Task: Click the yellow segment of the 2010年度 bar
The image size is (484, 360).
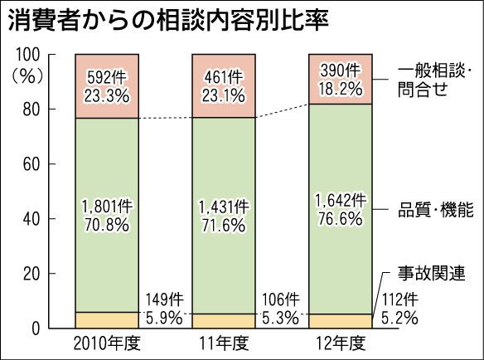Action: pos(107,320)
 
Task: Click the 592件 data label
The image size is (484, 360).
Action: pos(107,78)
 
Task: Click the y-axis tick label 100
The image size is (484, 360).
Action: pos(27,55)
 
